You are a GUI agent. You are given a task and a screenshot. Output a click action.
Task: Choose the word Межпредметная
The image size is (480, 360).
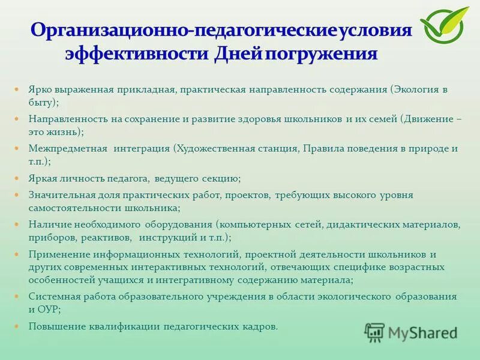coord(68,148)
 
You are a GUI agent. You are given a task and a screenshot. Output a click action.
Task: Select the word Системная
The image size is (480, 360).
coord(52,296)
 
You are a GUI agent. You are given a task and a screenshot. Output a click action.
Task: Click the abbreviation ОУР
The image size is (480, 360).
coord(50,309)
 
